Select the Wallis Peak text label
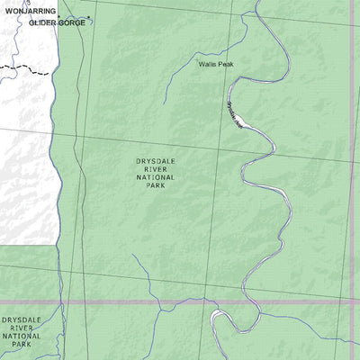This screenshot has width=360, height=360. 218,65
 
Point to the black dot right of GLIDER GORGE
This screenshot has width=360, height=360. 90,18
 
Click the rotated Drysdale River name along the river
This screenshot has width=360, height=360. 235,115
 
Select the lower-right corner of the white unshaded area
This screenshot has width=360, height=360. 59,243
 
